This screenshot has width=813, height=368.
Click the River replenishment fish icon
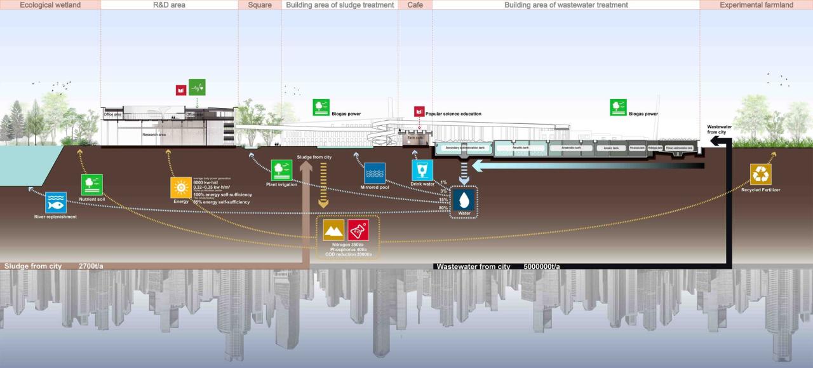(55, 202)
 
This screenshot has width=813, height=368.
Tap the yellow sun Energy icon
(181, 187)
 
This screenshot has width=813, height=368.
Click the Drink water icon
(422, 170)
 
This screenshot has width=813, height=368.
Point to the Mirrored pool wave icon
(374, 173)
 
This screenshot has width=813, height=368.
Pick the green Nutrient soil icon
(92, 185)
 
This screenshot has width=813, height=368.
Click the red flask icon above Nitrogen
(358, 230)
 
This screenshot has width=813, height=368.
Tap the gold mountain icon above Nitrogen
(333, 230)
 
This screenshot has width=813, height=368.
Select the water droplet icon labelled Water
(464, 200)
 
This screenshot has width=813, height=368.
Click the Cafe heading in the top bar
(415, 5)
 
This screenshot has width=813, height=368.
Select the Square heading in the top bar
(260, 5)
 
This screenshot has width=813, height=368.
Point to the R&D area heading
(169, 5)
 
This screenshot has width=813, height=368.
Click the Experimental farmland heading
(756, 5)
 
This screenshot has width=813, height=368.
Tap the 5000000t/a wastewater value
(542, 266)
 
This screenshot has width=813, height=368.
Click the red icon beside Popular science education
(419, 112)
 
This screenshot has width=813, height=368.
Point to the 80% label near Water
(443, 208)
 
